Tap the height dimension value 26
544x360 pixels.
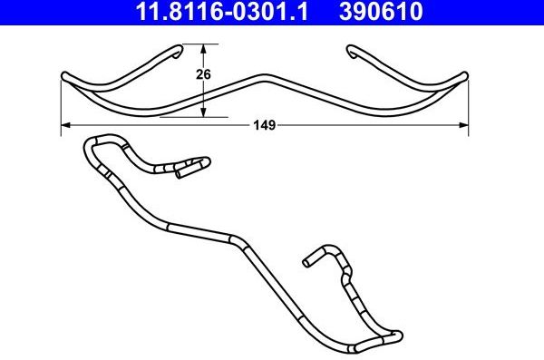203,77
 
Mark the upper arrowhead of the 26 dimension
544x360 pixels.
203,48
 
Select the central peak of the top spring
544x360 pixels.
264,76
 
